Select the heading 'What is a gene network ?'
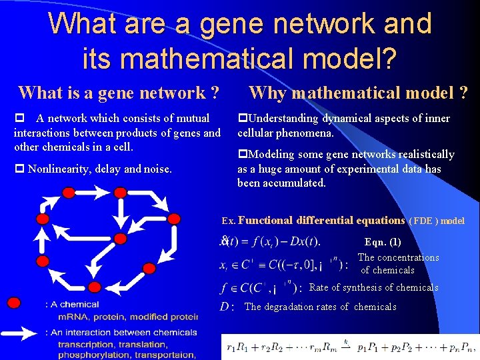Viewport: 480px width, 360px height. coord(119,93)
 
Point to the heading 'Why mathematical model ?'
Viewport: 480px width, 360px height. coord(358,93)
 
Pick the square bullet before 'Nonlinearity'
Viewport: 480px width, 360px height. coord(19,169)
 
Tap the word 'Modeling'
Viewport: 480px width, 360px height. coord(273,155)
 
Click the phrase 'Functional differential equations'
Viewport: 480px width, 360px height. coord(321,220)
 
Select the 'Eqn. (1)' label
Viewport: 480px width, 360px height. coord(383,242)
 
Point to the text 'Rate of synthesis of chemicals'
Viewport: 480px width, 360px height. coord(374,287)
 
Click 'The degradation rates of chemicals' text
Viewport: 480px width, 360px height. coord(320,307)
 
